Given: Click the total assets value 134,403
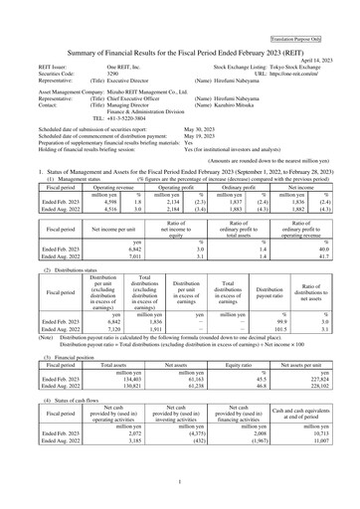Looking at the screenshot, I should tap(102, 378).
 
